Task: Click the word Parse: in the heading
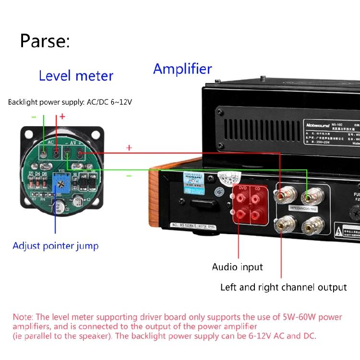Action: click(45, 41)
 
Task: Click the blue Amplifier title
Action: click(182, 69)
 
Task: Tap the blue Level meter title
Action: click(76, 76)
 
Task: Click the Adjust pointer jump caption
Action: click(55, 246)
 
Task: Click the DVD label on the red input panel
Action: click(242, 188)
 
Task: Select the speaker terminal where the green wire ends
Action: click(307, 196)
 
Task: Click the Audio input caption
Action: click(237, 267)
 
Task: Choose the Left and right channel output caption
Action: click(283, 288)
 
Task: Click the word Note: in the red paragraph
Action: click(24, 317)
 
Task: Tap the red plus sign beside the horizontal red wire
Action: click(129, 148)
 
